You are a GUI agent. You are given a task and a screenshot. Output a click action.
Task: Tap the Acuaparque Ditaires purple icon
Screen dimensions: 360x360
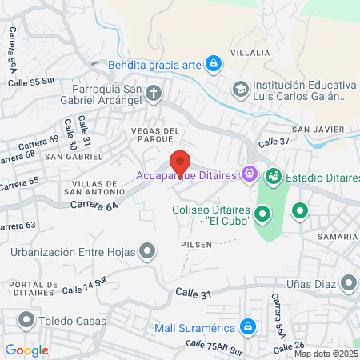250,173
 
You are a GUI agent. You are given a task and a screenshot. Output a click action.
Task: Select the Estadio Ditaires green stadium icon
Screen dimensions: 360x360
273,174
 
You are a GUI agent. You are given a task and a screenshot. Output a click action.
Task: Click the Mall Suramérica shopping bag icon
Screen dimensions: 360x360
248,326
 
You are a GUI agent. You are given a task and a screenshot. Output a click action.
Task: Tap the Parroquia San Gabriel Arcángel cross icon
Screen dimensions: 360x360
155,94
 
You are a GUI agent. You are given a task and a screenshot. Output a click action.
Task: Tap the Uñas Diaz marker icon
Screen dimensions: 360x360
349,282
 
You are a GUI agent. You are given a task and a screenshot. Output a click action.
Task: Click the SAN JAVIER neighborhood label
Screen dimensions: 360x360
317,130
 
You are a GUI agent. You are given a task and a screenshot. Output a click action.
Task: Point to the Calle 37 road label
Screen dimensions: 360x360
274,142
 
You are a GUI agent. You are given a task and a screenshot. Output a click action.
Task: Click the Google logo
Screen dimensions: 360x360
26,350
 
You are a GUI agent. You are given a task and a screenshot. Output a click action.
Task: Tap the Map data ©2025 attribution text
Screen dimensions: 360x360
326,354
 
